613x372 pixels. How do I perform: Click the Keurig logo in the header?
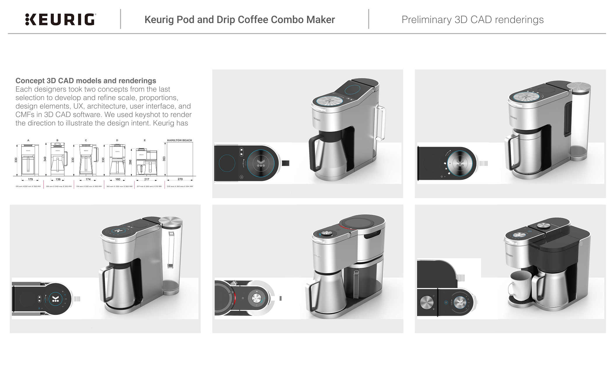(60, 20)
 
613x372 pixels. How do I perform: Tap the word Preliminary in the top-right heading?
(426, 20)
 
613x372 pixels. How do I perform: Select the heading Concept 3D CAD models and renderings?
(86, 81)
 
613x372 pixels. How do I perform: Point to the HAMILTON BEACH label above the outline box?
(179, 140)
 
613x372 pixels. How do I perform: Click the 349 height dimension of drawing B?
(45, 159)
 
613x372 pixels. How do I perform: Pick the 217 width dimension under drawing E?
(147, 179)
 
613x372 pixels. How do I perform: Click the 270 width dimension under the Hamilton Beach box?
(180, 179)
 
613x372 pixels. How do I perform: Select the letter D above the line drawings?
(117, 140)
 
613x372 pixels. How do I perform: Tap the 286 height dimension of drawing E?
(130, 162)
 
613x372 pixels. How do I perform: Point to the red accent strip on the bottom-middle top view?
(235, 298)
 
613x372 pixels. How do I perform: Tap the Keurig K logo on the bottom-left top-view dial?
(55, 299)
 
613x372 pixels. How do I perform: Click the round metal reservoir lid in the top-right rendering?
(579, 87)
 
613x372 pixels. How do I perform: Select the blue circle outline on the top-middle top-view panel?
(227, 163)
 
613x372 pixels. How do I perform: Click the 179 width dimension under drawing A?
(30, 179)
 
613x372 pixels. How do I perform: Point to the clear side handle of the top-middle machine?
(381, 123)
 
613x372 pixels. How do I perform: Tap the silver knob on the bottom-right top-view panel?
(426, 302)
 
